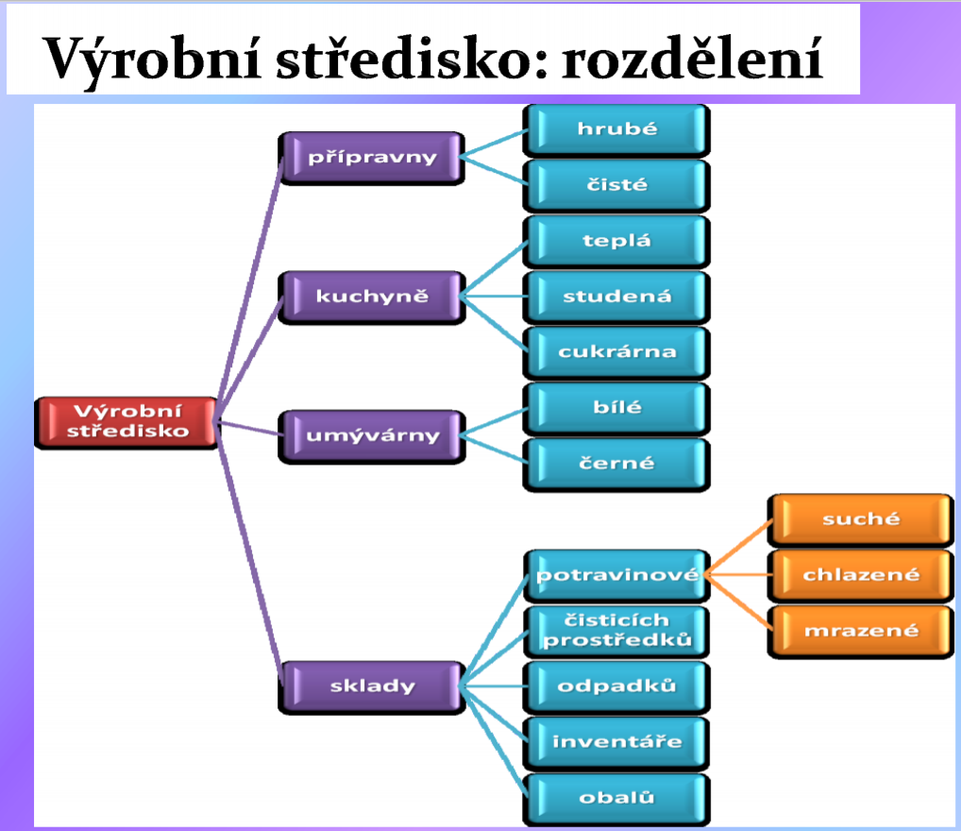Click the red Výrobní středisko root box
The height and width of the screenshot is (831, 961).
[x=126, y=422]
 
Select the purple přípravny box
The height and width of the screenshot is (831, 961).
[x=371, y=158]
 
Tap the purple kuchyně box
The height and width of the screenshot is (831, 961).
[x=371, y=297]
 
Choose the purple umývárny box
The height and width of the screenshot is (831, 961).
[x=371, y=436]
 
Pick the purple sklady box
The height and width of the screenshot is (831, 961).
[x=371, y=687]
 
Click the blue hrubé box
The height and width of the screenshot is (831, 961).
[x=616, y=129]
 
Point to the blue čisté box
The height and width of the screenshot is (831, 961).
[x=616, y=185]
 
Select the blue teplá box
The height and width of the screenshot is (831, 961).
[x=616, y=241]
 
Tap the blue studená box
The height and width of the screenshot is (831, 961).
[x=616, y=297]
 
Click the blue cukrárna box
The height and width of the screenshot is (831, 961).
[x=616, y=352]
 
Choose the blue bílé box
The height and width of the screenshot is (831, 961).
[x=616, y=409]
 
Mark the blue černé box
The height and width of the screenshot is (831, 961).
[x=616, y=465]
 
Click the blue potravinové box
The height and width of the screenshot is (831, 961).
[x=616, y=575]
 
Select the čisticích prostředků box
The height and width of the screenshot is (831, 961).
[x=616, y=631]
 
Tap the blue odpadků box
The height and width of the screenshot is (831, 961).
[x=616, y=687]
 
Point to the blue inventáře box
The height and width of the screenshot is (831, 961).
[x=616, y=742]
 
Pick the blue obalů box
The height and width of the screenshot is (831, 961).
[x=616, y=799]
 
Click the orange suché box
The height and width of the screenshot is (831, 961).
[x=861, y=519]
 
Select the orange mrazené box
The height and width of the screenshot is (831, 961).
[x=861, y=631]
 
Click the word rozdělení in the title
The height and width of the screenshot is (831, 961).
[x=692, y=59]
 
